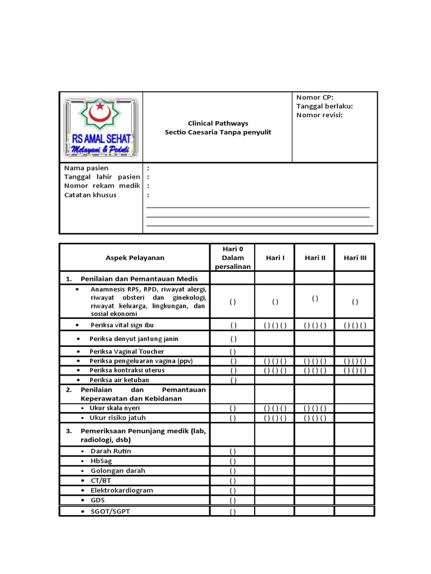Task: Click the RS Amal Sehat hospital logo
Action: coord(101,127)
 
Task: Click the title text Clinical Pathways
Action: coord(218,123)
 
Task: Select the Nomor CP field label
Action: coord(315,98)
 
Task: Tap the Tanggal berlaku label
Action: coord(324,107)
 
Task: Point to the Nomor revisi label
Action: coord(319,115)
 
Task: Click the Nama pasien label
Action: coord(86,168)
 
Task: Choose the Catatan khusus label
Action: coord(90,195)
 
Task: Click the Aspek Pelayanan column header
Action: coord(135,258)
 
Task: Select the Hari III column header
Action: coord(355,258)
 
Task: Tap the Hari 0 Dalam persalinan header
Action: coord(232,257)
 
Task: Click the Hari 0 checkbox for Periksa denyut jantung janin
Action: coord(232,339)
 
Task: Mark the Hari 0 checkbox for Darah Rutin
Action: coord(232,451)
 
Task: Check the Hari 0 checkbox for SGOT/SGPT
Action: coord(232,511)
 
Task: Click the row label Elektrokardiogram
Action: coord(121,490)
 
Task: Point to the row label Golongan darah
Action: coord(117,471)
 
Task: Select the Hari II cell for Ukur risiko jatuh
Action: coord(315,418)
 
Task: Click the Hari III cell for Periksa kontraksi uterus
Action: coord(355,371)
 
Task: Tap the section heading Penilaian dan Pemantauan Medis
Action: coord(139,279)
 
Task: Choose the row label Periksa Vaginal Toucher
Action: coord(126,351)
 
